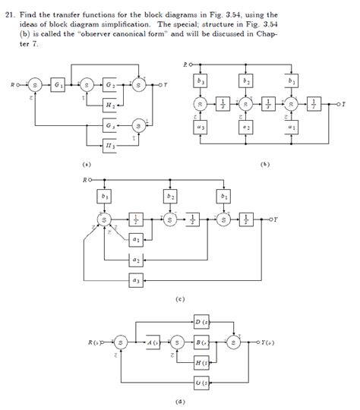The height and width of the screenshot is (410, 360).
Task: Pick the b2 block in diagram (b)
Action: (x=246, y=80)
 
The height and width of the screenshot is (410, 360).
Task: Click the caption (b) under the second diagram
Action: (x=264, y=163)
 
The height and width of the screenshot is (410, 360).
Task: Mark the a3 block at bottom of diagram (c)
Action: (x=135, y=280)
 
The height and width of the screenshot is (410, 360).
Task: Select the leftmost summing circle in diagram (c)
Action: (x=104, y=220)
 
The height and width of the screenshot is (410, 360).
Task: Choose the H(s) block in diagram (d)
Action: (x=201, y=363)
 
